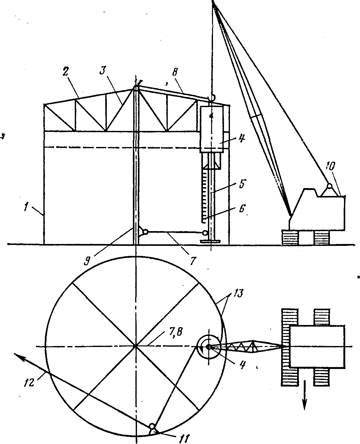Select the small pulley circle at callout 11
tap(152, 426)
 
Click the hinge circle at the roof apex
tap(136, 89)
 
